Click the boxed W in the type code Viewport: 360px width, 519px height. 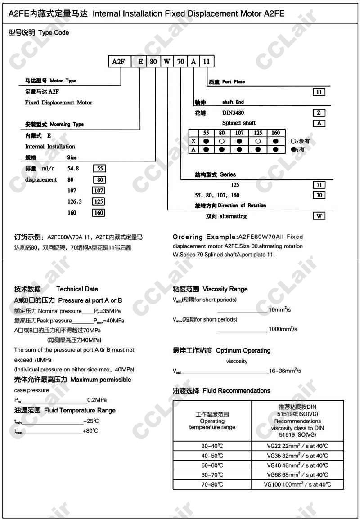pyautogui.click(x=167, y=62)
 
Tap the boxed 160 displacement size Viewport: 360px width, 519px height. pyautogui.click(x=99, y=213)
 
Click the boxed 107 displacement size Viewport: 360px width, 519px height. pyautogui.click(x=99, y=191)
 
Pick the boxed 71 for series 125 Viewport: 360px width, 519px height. pyautogui.click(x=319, y=185)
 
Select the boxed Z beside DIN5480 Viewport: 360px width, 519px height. pyautogui.click(x=319, y=113)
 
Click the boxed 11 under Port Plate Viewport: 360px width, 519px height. pyautogui.click(x=319, y=92)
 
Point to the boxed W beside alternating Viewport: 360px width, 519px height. pyautogui.click(x=319, y=216)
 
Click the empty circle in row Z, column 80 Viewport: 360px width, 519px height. pyautogui.click(x=222, y=141)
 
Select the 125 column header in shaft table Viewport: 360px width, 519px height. pyautogui.click(x=257, y=133)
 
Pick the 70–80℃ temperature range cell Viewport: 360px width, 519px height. pyautogui.click(x=212, y=484)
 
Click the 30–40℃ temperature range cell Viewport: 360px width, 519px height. pyautogui.click(x=212, y=446)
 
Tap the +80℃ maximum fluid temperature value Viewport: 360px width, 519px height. pyautogui.click(x=90, y=431)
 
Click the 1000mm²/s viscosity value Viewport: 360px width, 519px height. pyautogui.click(x=283, y=329)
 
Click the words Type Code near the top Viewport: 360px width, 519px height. pyautogui.click(x=54, y=33)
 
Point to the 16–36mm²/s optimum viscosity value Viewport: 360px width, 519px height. pyautogui.click(x=285, y=371)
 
